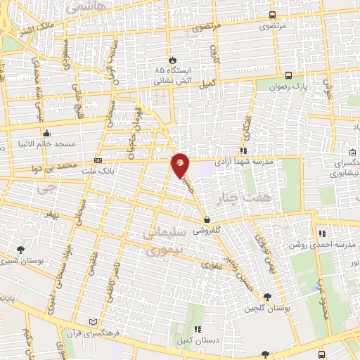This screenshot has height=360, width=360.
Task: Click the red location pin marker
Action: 180,165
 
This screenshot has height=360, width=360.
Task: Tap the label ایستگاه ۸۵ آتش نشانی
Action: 169,76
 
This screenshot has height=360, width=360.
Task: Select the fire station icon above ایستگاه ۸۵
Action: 169,59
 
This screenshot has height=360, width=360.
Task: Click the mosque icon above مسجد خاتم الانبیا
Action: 47,133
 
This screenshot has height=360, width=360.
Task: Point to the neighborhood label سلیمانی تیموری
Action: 163,240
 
